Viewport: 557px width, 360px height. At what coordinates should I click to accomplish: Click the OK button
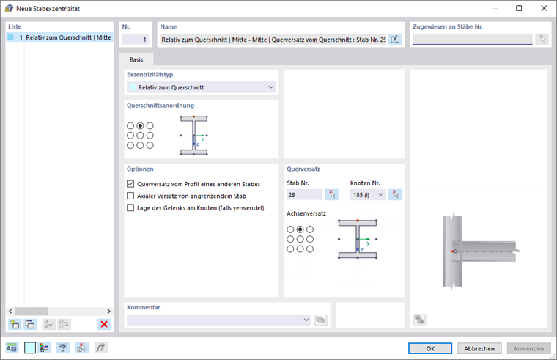430,348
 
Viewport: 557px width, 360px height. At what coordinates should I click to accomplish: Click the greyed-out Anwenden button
528,348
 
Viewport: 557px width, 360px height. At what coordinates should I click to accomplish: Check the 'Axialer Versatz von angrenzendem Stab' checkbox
130,196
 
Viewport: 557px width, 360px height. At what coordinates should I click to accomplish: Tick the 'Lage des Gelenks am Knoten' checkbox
130,208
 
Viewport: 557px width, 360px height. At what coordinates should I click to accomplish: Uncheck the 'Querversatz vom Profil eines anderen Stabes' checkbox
130,184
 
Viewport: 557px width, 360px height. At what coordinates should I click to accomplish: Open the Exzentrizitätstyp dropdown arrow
271,87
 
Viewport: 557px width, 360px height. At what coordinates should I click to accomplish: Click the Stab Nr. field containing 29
304,195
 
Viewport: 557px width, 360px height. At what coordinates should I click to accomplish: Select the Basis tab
136,59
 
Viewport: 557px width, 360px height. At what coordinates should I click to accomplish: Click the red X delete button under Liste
104,324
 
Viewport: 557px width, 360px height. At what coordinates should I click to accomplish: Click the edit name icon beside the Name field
395,40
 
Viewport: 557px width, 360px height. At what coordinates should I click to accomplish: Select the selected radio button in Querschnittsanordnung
140,125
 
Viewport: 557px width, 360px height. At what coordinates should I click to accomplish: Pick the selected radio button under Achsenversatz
300,229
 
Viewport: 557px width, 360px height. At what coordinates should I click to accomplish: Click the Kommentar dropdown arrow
306,320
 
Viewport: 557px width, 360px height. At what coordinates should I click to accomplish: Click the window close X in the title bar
544,8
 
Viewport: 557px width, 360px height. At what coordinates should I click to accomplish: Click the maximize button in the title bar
519,8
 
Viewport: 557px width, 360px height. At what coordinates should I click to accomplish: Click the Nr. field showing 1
136,40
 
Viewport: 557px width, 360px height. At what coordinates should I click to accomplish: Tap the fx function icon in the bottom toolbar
100,348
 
